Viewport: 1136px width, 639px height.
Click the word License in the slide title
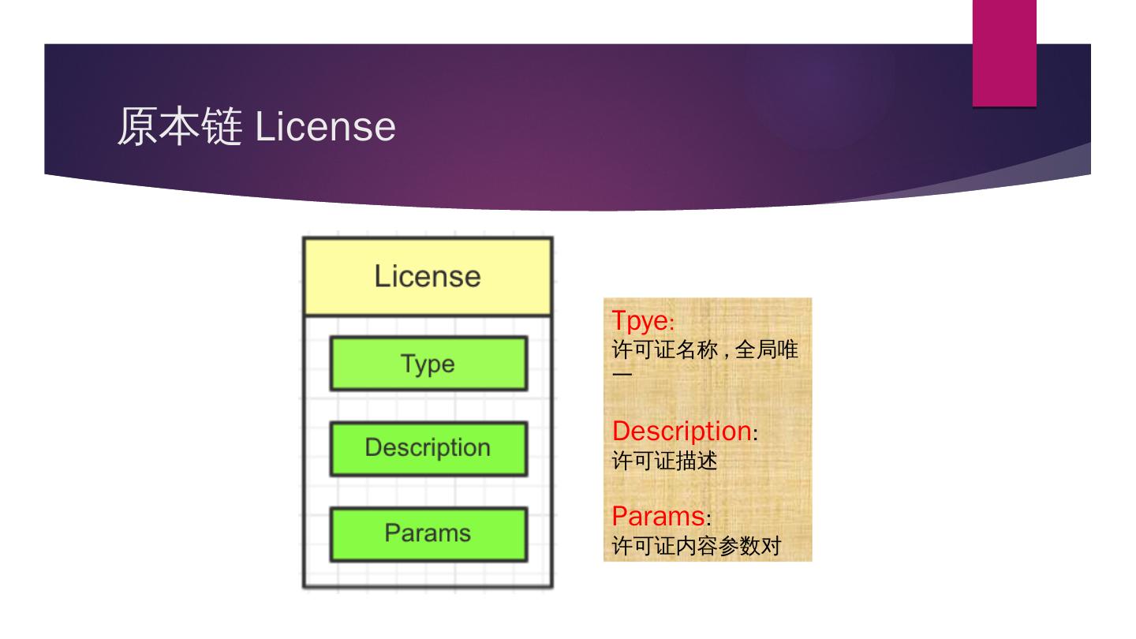click(325, 126)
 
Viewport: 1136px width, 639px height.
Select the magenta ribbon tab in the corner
click(1003, 52)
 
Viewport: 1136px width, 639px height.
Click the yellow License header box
click(428, 277)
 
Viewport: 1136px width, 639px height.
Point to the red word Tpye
click(639, 321)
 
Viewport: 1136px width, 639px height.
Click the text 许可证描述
click(664, 461)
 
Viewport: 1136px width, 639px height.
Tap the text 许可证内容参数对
click(696, 546)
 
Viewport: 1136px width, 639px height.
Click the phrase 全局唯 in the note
click(767, 349)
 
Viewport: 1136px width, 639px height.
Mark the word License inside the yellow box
click(428, 277)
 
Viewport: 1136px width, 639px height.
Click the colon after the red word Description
click(755, 435)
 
